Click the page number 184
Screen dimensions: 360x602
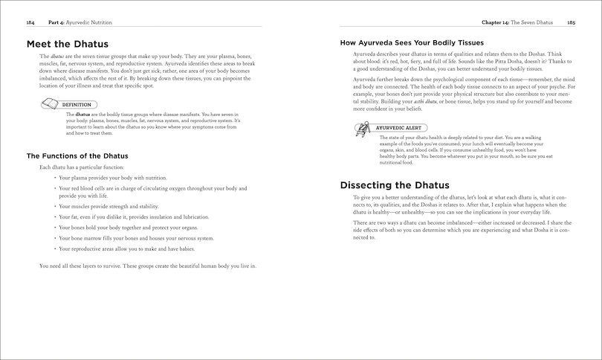(x=30, y=23)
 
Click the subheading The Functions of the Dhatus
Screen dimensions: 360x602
(x=77, y=155)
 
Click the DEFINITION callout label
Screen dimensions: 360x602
(x=77, y=105)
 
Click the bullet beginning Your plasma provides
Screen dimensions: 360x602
(x=113, y=179)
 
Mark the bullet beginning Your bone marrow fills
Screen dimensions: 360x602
(x=135, y=238)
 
